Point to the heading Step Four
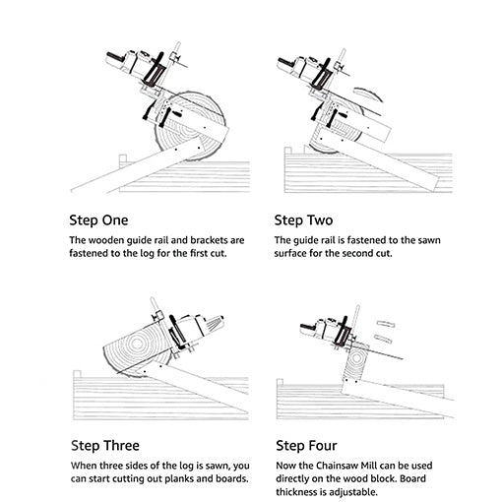click(306, 445)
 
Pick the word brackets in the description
click(217, 240)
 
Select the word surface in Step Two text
click(297, 253)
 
